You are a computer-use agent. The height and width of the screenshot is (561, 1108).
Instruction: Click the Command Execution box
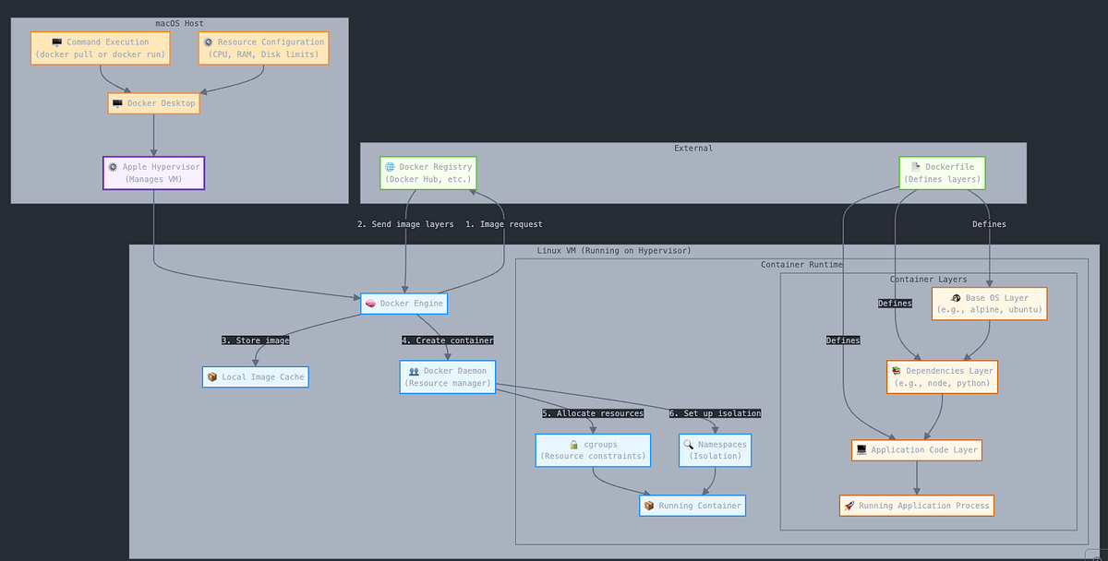coord(102,48)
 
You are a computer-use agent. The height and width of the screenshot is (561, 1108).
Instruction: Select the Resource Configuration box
coord(263,48)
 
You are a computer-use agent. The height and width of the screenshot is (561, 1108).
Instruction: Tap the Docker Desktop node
coord(153,103)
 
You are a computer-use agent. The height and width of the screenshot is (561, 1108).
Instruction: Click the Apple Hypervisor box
coord(153,173)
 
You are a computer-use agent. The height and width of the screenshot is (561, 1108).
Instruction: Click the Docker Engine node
coord(404,304)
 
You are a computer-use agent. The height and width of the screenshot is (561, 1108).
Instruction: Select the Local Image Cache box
coord(255,376)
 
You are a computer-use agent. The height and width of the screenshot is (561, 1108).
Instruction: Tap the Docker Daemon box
coord(448,376)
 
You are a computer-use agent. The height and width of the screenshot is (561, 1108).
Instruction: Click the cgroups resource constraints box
coord(593,450)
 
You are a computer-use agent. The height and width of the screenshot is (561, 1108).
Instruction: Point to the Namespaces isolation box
coord(715,450)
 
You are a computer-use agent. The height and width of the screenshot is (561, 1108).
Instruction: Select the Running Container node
coord(692,506)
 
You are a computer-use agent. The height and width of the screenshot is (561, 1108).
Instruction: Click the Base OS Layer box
coord(989,304)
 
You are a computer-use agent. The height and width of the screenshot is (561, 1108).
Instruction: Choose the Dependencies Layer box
coord(942,376)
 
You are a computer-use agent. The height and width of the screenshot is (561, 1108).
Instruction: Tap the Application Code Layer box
coord(916,450)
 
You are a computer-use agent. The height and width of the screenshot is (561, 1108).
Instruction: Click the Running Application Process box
coord(916,506)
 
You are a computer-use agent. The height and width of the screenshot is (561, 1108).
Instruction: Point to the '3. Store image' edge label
coord(255,340)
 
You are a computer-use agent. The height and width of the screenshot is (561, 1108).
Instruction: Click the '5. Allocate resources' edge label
coord(593,413)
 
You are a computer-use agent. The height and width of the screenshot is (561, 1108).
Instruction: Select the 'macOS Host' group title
coord(180,23)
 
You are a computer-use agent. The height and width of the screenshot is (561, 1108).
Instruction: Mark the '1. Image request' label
coord(503,224)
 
